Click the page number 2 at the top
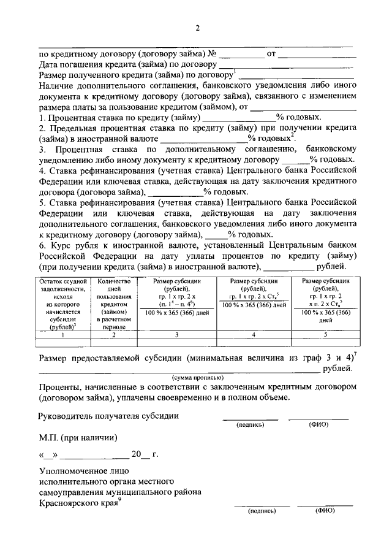[x=197, y=28]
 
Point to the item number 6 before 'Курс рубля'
[x=41, y=245]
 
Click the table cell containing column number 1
[x=64, y=335]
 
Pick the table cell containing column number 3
[x=177, y=335]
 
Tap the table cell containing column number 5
[x=326, y=335]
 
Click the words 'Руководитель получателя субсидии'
[x=109, y=415]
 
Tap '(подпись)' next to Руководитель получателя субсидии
[x=249, y=423]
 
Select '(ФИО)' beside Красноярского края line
[x=325, y=510]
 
